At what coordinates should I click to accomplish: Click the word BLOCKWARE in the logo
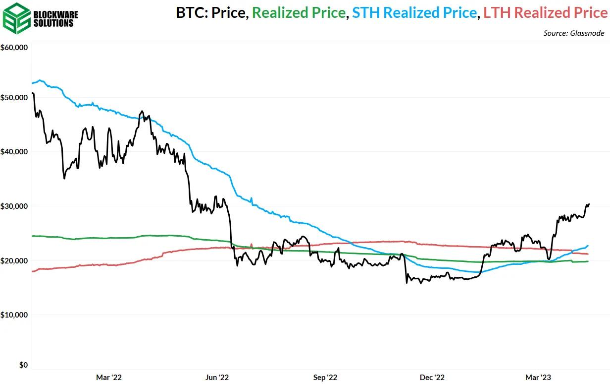(55, 14)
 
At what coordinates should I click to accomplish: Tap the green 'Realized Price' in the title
(299, 12)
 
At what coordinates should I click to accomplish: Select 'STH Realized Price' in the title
(414, 12)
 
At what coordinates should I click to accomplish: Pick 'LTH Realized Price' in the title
(545, 12)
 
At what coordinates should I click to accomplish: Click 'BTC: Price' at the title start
(211, 12)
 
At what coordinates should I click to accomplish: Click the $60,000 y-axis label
(16, 48)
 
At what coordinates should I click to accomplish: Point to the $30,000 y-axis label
(16, 206)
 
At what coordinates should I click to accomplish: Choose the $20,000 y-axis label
(16, 260)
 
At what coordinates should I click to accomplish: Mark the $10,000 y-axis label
(16, 315)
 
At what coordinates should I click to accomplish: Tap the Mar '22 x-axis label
(109, 378)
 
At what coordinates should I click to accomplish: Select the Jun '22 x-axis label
(216, 378)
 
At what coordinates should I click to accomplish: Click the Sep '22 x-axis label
(325, 378)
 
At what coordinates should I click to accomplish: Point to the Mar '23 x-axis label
(539, 378)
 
